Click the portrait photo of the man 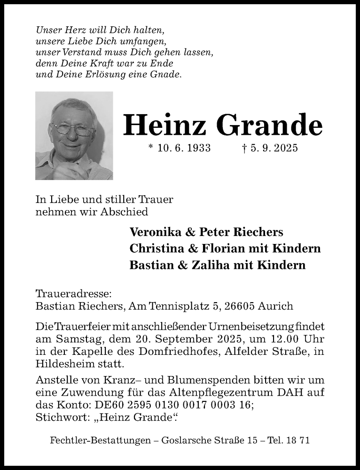coord(74,135)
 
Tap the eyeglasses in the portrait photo coord(73,129)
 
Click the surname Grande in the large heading coord(270,126)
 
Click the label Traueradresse coord(74,294)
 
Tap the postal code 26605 coord(241,306)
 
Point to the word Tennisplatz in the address coord(180,306)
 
